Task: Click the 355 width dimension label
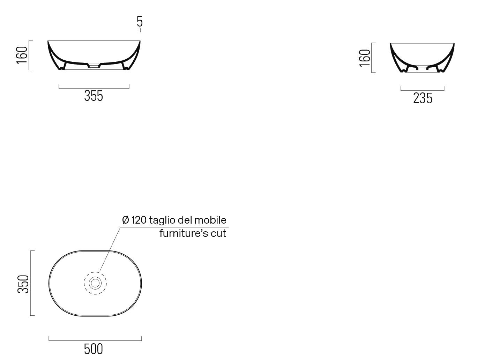(94, 96)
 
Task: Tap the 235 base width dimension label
(423, 98)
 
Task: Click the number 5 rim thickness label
(140, 21)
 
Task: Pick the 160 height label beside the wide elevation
(22, 55)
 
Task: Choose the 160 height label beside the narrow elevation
(365, 58)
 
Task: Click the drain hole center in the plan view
(95, 283)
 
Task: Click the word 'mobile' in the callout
(210, 220)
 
